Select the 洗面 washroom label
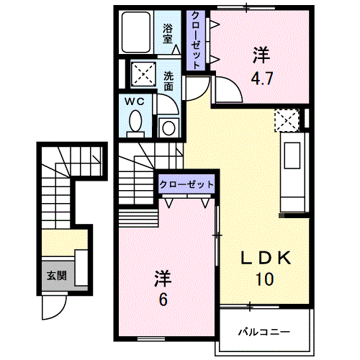point(168,80)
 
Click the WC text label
point(135,102)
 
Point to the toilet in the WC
point(135,125)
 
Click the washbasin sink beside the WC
point(168,127)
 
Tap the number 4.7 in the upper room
point(262,79)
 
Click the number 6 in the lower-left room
point(163,299)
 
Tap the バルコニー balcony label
point(264,333)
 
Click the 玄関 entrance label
point(56,275)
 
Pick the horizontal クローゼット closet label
point(186,184)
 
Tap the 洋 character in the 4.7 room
point(260,54)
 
